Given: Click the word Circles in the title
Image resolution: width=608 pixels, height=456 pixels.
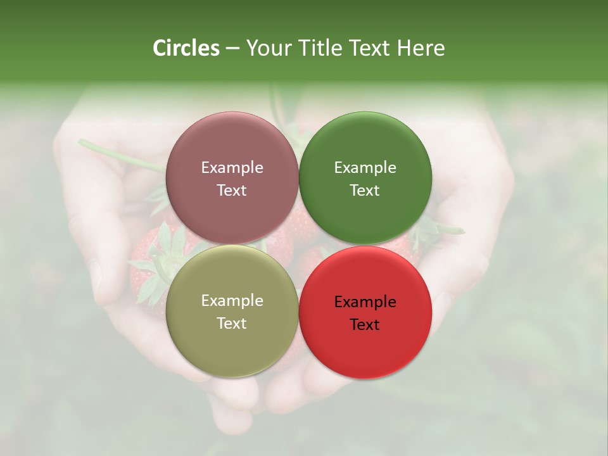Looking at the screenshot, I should pos(186,48).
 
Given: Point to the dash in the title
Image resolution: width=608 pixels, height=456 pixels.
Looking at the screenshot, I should pos(232,49).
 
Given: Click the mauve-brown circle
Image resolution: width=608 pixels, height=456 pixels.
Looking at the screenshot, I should pos(232,146).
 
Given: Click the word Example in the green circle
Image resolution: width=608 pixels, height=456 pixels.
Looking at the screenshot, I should pos(365,167).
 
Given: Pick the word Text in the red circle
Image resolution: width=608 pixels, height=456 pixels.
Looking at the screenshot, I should pos(365,324).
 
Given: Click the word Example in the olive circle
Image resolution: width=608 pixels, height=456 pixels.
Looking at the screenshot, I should pos(232,300).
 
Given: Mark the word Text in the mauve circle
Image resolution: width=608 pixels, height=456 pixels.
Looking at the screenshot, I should pos(232,190).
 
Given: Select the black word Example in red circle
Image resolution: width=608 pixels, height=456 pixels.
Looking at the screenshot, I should pos(365,301).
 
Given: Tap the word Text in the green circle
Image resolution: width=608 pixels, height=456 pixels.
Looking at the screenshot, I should pos(365,190).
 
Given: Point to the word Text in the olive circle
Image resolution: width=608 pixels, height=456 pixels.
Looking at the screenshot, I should pos(232,323).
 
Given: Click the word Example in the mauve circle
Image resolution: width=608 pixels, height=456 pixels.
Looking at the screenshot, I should pos(232,167).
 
